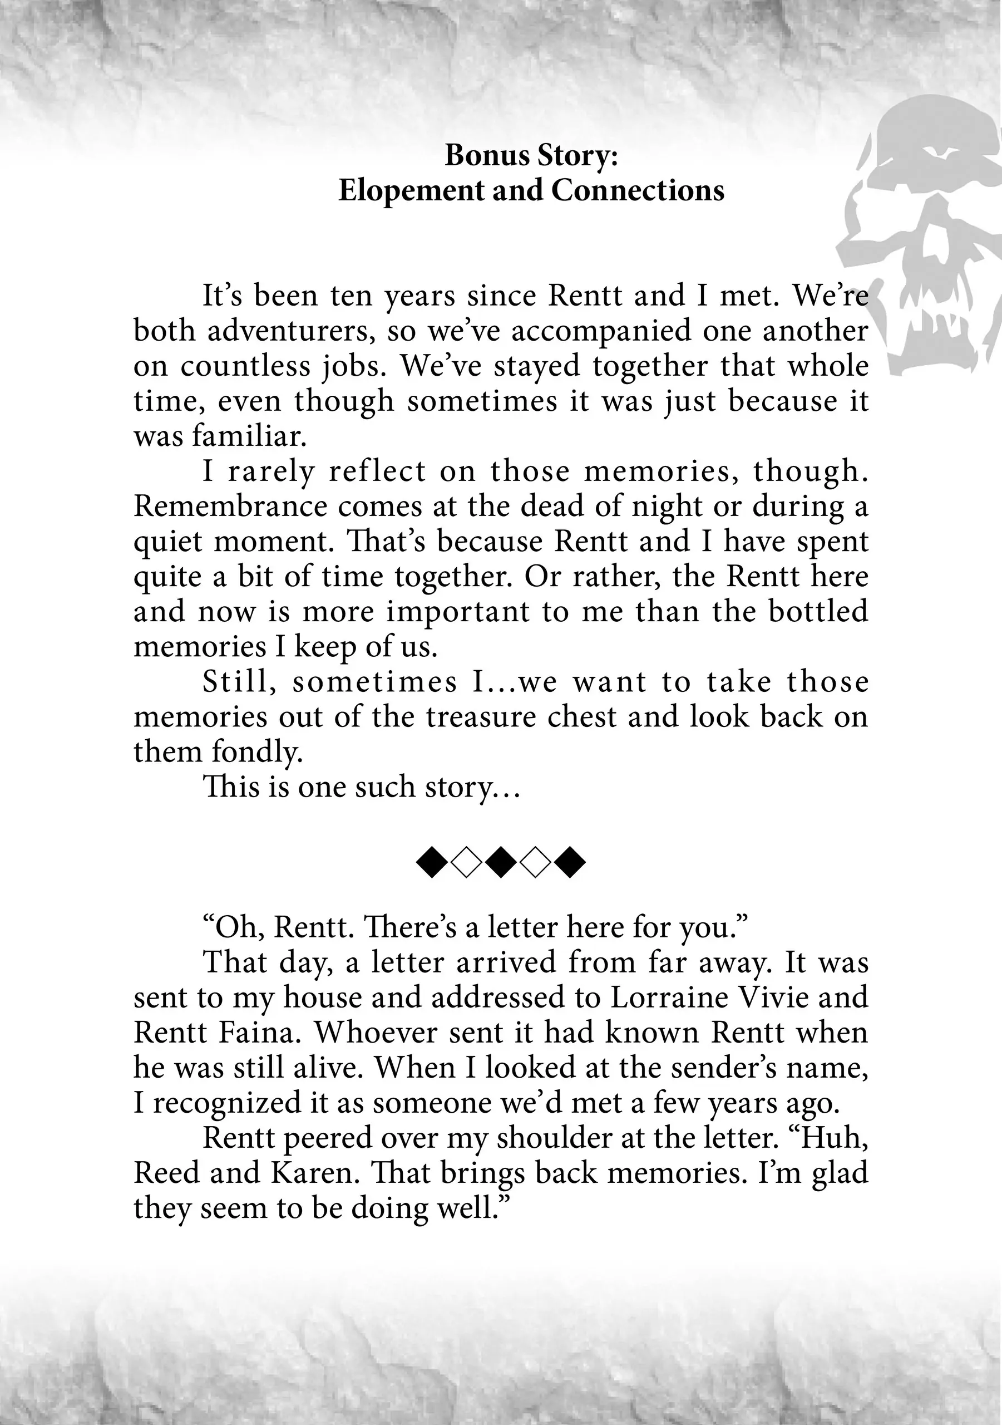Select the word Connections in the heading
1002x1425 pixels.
coord(637,190)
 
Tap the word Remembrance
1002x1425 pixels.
coord(230,507)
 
